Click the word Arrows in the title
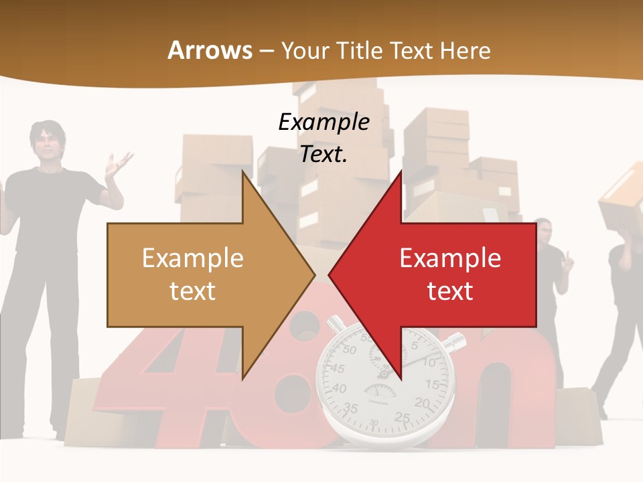[210, 50]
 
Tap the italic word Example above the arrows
[324, 123]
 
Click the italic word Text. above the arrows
[324, 155]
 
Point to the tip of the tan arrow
[314, 274]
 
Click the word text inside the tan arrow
[192, 291]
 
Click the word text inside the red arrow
[450, 291]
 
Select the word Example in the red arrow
[450, 258]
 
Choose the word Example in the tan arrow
[192, 258]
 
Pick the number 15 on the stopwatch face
[433, 384]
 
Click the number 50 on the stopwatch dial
[350, 349]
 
